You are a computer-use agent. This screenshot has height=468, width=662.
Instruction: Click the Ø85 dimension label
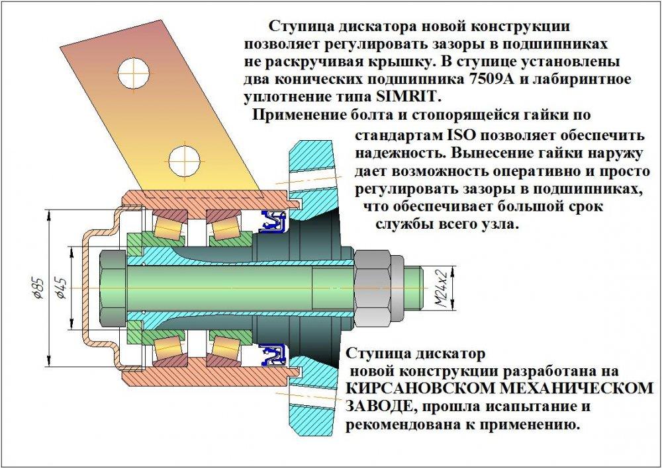[38, 288]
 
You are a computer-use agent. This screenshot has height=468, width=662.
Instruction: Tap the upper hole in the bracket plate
[134, 73]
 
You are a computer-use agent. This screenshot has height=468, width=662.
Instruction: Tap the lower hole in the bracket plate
[184, 161]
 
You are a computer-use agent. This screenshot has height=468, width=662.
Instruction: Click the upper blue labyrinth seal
[273, 221]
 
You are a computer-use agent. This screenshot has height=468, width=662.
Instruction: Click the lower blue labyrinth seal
[273, 355]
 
